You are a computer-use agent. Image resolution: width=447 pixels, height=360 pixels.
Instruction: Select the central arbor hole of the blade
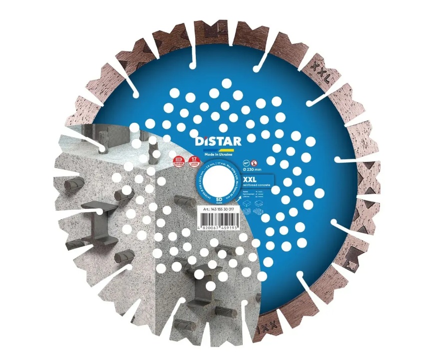[x=218, y=177]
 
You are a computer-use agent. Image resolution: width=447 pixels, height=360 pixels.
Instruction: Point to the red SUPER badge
[x=178, y=161]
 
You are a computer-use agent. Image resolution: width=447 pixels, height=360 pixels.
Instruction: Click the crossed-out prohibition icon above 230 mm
[x=254, y=163]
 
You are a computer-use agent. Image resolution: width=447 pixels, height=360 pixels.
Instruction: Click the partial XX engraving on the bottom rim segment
[x=267, y=330]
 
